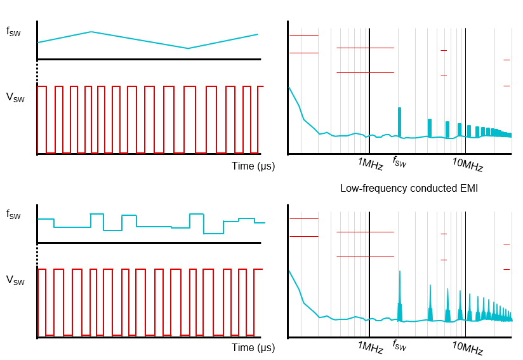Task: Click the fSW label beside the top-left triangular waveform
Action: pos(13,32)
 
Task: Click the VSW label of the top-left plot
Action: pos(15,98)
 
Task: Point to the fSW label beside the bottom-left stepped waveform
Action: pos(13,216)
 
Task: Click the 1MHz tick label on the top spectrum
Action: pos(371,164)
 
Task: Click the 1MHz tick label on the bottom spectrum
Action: pos(371,348)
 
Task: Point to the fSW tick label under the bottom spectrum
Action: pos(399,345)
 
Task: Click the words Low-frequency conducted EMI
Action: pos(409,189)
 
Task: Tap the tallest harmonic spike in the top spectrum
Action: pos(400,121)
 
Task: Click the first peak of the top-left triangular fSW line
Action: pos(92,31)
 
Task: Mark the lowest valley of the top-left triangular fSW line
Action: pos(188,48)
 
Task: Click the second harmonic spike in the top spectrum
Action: pos(430,127)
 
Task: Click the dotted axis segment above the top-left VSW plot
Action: pos(37,72)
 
